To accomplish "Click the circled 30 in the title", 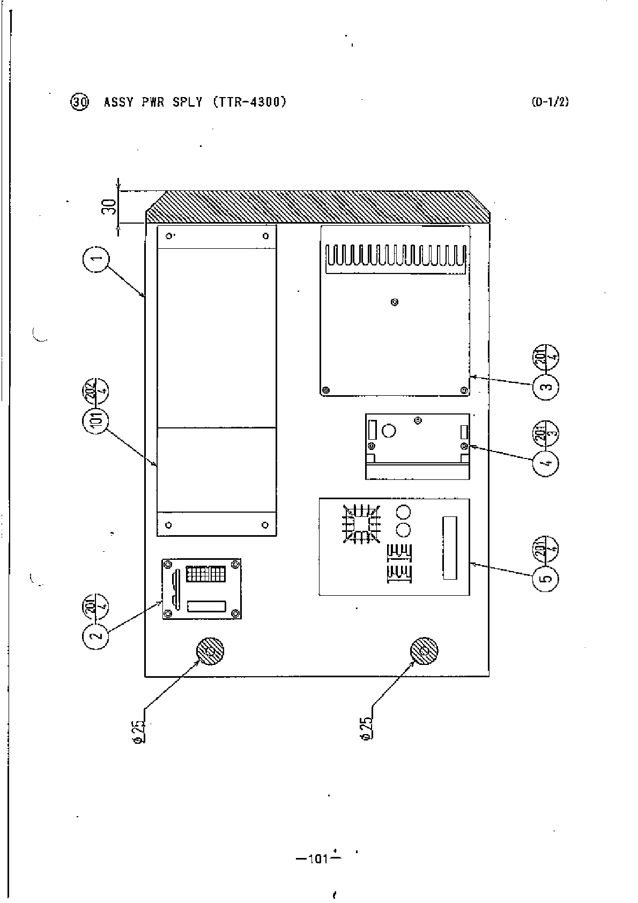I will (x=79, y=102).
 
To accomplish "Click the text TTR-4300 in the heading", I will (x=250, y=102).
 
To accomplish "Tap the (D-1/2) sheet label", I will (x=550, y=102).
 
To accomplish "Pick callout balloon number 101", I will (x=96, y=423).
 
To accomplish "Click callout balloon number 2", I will (x=96, y=636).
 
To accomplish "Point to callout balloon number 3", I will (x=546, y=387).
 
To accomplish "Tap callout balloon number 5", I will (x=546, y=578).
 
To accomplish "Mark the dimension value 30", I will (x=109, y=207).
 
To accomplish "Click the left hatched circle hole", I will (x=210, y=652).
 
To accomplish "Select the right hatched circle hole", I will (x=424, y=652).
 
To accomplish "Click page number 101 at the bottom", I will (x=318, y=858).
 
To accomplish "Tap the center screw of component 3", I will (x=395, y=302).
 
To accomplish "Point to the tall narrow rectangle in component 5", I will (x=449, y=547).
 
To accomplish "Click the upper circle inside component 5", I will (x=403, y=510).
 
